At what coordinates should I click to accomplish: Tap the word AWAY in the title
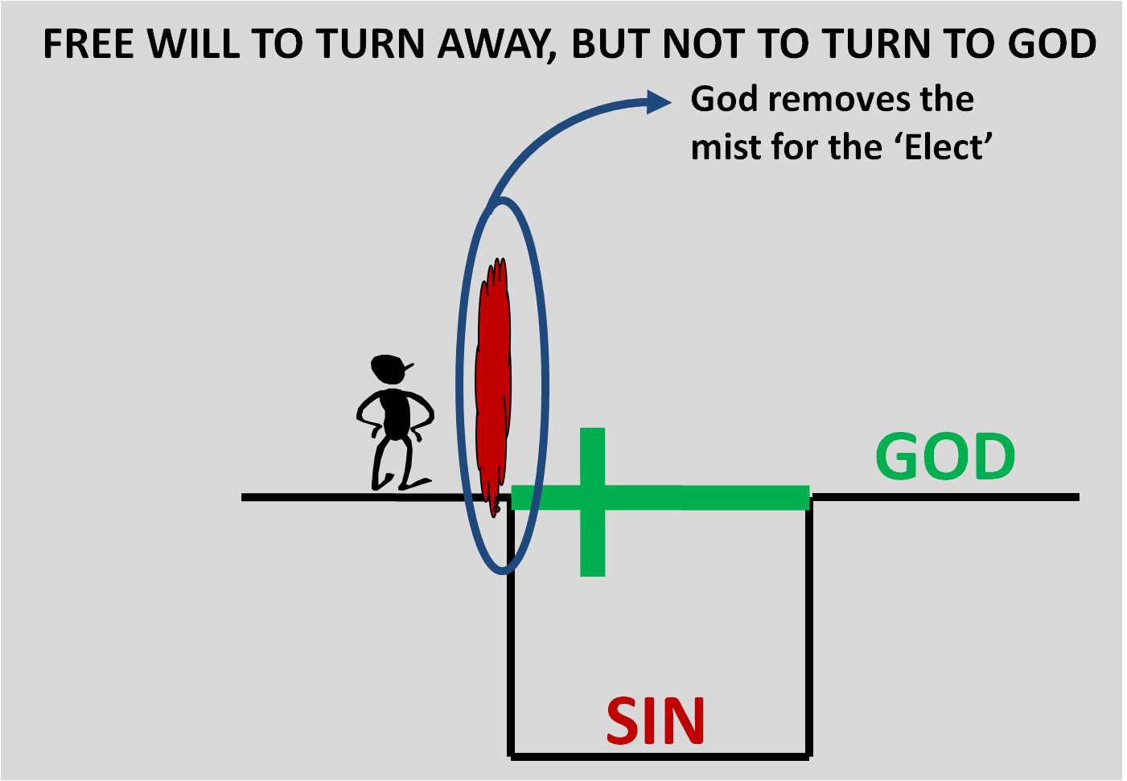point(496,44)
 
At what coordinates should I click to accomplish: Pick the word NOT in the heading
point(707,44)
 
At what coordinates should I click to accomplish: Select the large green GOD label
point(945,457)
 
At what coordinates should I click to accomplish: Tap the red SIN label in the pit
point(656,721)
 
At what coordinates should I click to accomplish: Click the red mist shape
point(492,378)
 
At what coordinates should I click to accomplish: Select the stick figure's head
point(389,369)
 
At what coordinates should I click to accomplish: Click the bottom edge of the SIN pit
point(660,756)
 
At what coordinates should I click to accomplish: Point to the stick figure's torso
point(395,413)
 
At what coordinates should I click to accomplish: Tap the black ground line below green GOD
point(945,497)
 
